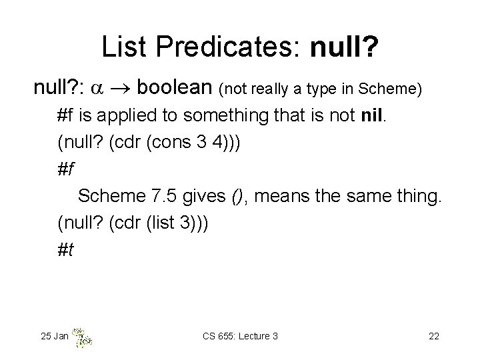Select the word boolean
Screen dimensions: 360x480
178,90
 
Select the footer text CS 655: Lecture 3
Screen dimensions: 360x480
239,336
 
